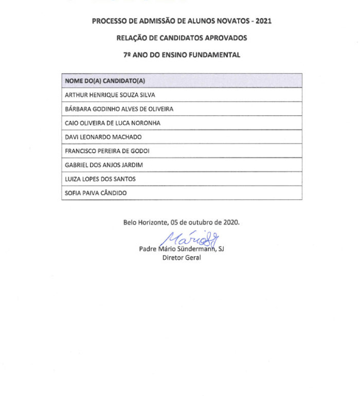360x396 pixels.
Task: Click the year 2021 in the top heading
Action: pyautogui.click(x=263, y=21)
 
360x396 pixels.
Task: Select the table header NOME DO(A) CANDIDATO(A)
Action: pyautogui.click(x=105, y=81)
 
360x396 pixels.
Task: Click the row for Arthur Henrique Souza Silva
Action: pyautogui.click(x=110, y=95)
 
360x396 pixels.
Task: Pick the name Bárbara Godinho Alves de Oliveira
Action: pyautogui.click(x=119, y=109)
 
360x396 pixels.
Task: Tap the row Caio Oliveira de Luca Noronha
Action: pyautogui.click(x=113, y=123)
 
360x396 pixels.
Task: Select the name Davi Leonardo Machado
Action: pyautogui.click(x=103, y=137)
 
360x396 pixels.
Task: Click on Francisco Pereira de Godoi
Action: pyautogui.click(x=107, y=151)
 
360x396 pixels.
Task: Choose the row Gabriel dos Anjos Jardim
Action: pyautogui.click(x=104, y=165)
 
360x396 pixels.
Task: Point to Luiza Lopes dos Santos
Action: pyautogui.click(x=100, y=179)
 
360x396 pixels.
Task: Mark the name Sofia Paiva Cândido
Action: pyautogui.click(x=96, y=193)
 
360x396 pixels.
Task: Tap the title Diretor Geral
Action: pyautogui.click(x=182, y=258)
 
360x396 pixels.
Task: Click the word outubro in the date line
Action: pyautogui.click(x=197, y=223)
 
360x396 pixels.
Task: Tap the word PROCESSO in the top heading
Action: pyautogui.click(x=109, y=21)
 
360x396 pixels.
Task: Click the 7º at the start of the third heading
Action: pyautogui.click(x=127, y=55)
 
